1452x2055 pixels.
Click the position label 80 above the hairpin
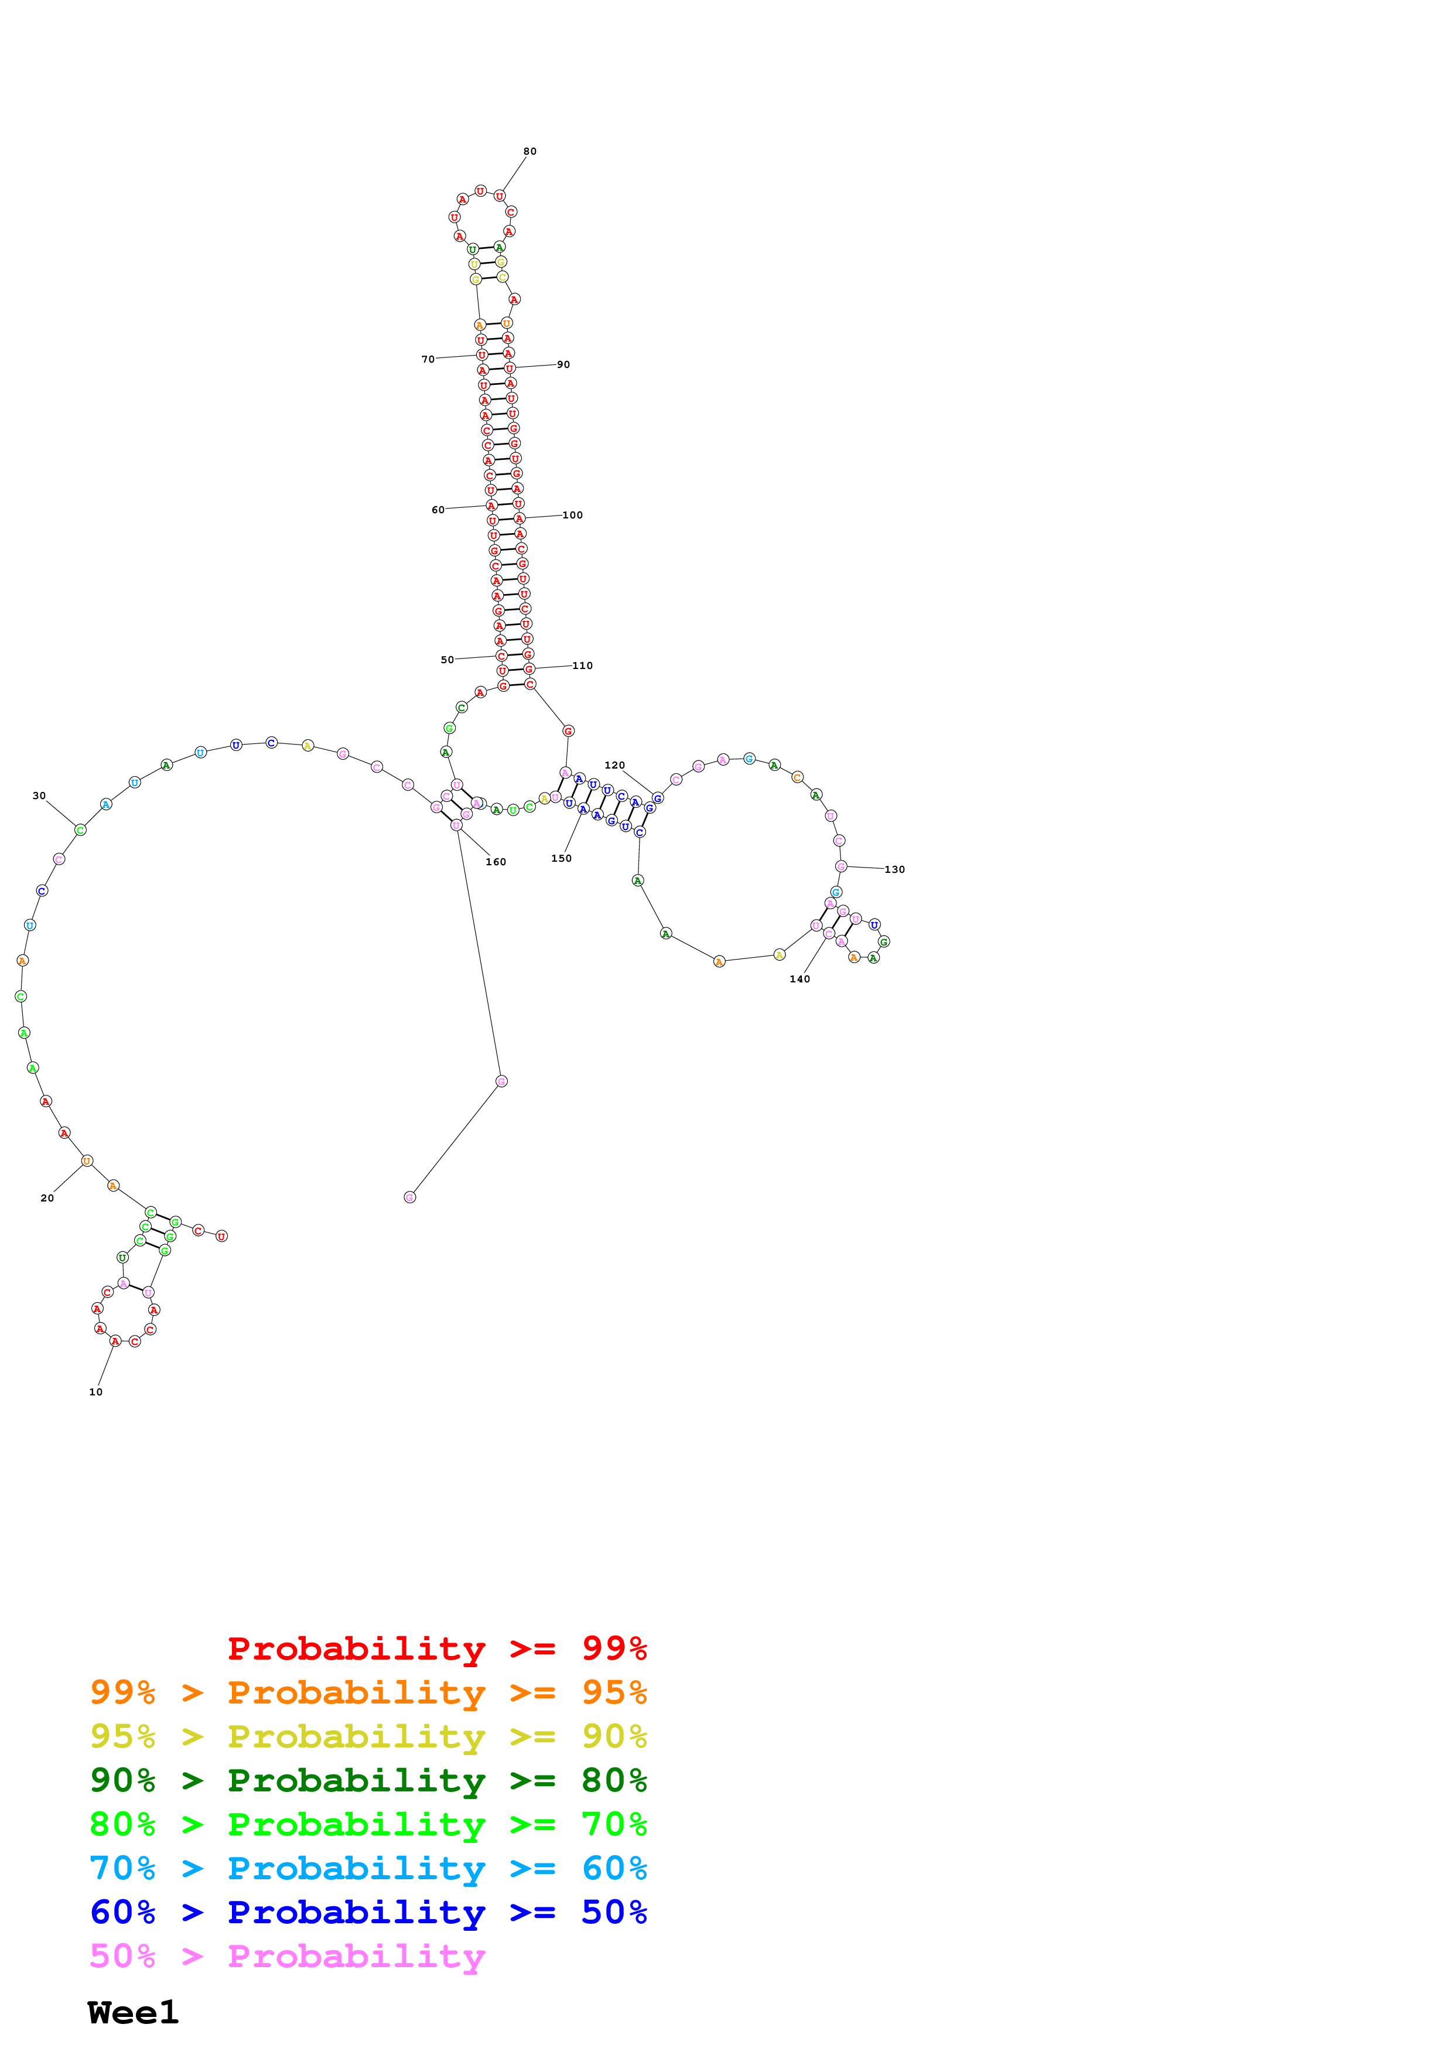[529, 151]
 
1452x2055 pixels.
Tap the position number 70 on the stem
[428, 359]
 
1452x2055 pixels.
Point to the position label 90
[563, 364]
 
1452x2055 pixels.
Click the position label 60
[438, 509]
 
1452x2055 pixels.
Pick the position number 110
[582, 665]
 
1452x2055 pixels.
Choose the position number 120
[614, 765]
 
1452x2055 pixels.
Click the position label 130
[894, 869]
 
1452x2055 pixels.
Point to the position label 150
[561, 858]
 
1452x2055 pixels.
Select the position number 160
[496, 862]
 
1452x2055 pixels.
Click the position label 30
[39, 796]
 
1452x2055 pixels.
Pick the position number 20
[47, 1197]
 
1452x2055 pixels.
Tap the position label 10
[95, 1392]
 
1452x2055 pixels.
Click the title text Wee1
[134, 2012]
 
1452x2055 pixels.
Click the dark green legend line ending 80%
[368, 1780]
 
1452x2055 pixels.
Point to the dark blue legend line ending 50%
[368, 1912]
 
